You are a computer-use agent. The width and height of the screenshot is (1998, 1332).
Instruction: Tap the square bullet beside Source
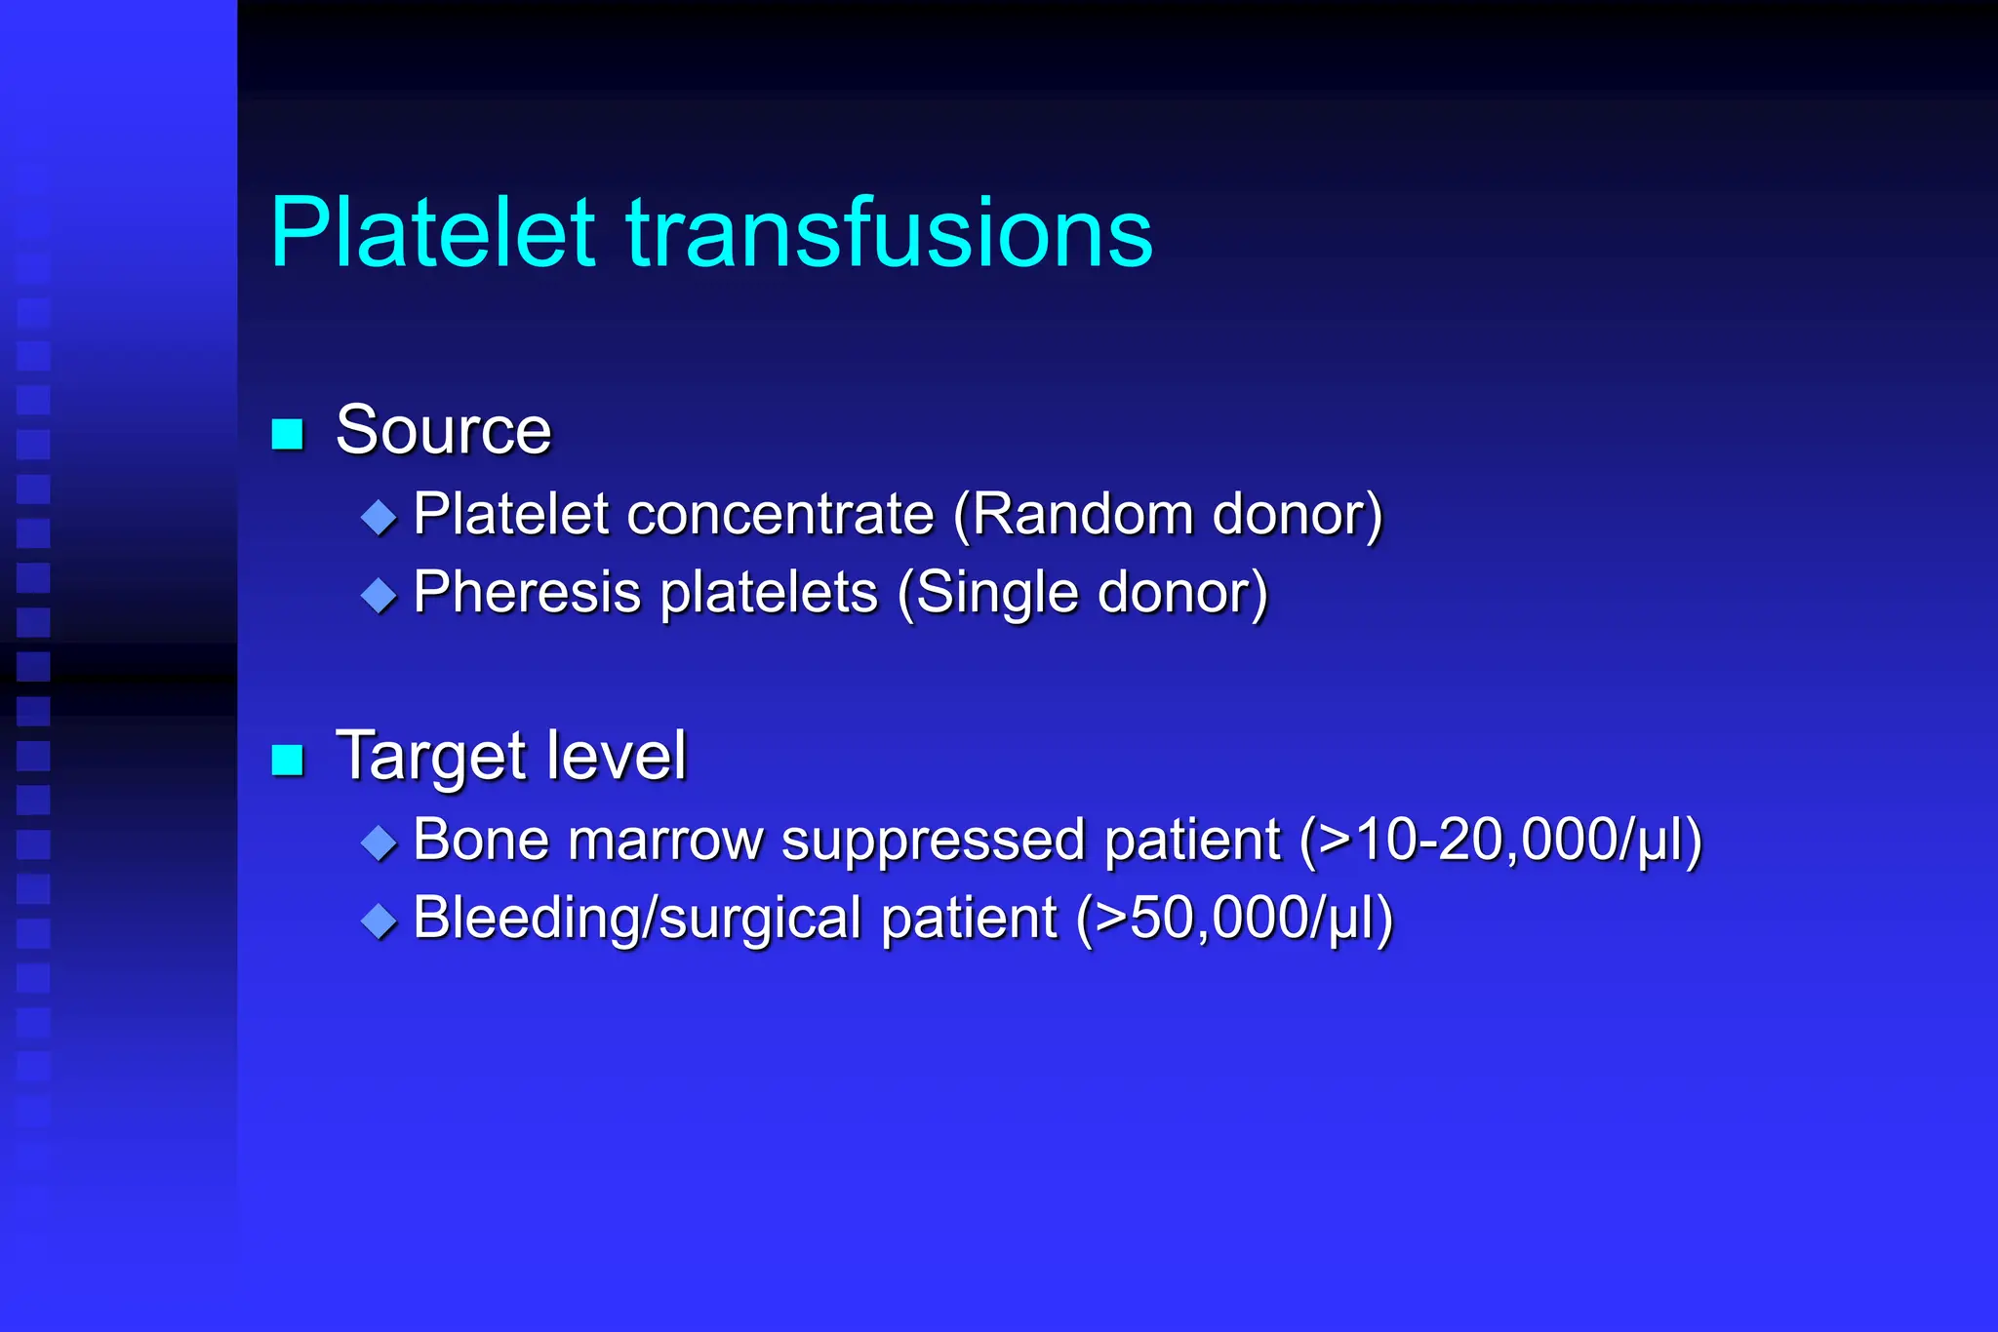[288, 433]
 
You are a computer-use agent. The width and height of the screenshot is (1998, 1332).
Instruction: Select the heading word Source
[444, 430]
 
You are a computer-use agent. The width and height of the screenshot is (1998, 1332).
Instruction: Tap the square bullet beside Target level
[288, 759]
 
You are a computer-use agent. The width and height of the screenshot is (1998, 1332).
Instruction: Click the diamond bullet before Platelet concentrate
[379, 516]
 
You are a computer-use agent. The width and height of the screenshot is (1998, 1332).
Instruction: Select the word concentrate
[780, 514]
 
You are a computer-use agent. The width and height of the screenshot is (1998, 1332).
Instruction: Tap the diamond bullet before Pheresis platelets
[379, 594]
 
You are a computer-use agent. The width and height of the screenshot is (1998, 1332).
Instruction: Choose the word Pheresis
[527, 592]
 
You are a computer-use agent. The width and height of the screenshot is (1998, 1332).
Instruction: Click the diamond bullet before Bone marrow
[379, 842]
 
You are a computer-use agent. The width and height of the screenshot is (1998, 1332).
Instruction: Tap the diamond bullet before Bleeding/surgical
[379, 920]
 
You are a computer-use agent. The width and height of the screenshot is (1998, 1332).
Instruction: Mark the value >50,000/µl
[1234, 919]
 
